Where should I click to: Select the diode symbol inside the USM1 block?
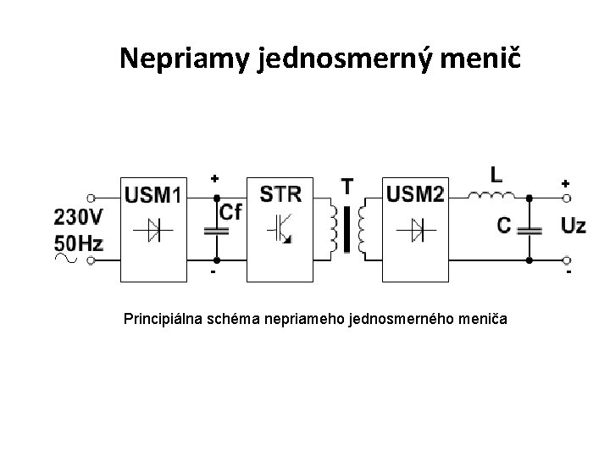click(152, 227)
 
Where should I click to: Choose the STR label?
click(280, 194)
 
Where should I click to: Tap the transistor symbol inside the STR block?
click(280, 228)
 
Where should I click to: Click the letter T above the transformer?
click(348, 185)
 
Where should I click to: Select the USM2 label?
click(415, 195)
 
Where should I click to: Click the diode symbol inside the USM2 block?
click(415, 227)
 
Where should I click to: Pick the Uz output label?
click(572, 226)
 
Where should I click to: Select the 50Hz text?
click(78, 244)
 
